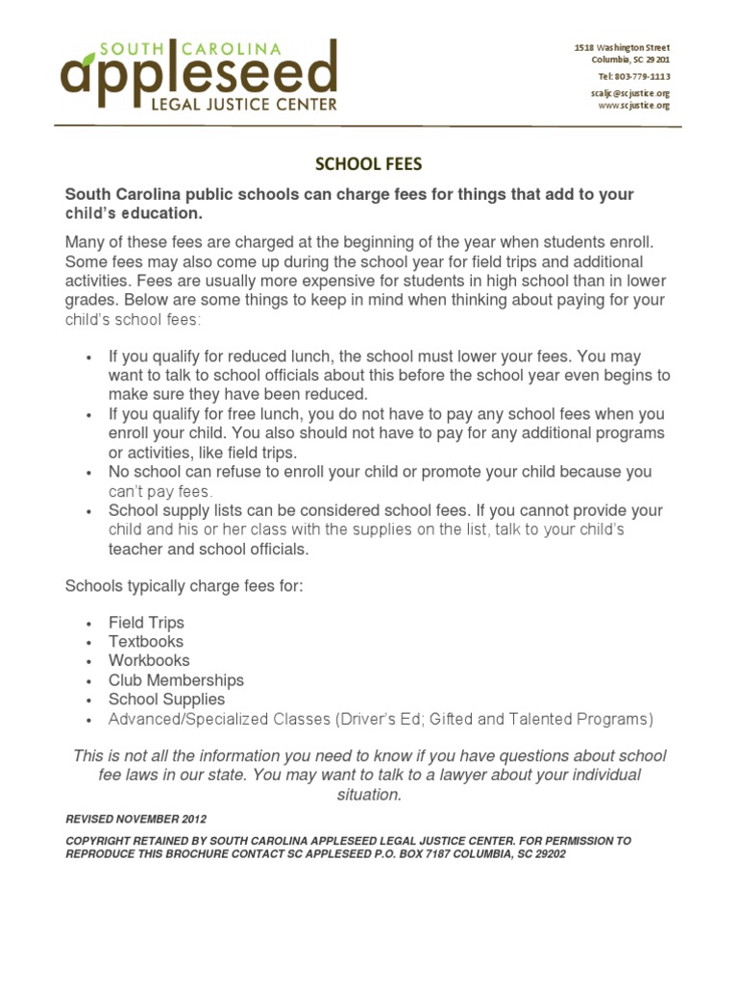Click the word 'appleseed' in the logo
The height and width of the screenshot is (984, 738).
pos(198,73)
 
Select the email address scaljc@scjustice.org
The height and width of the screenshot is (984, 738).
pos(629,93)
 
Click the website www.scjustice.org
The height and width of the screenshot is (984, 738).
pos(633,106)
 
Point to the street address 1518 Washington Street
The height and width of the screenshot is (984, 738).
pos(622,47)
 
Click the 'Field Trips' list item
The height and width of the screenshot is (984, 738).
pos(146,623)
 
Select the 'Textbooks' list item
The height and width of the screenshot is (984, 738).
pos(145,642)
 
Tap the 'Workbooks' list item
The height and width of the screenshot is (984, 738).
pos(149,661)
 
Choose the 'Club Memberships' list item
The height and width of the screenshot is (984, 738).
pos(176,680)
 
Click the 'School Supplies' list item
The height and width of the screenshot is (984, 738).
pos(166,700)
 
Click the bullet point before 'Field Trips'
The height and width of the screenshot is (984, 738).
pos(88,624)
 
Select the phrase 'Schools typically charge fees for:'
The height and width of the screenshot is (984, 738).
pos(184,585)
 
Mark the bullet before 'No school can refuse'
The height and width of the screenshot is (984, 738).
pos(88,473)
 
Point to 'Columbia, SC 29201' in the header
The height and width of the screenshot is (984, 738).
pos(630,60)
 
